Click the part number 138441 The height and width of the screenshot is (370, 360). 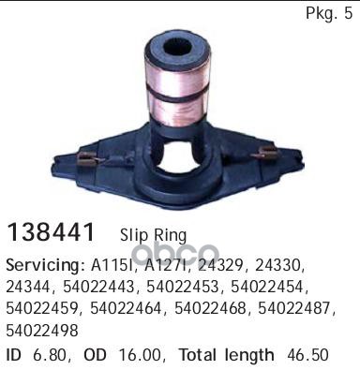pyautogui.click(x=51, y=232)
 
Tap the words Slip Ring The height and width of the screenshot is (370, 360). pyautogui.click(x=154, y=236)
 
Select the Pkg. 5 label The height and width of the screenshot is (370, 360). pyautogui.click(x=329, y=13)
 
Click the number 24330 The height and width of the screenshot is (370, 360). pyautogui.click(x=279, y=265)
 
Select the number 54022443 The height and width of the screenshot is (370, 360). pyautogui.click(x=100, y=288)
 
